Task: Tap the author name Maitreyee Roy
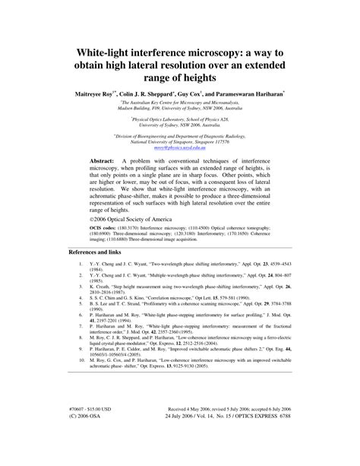point(99,90)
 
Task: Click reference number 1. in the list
point(81,265)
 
